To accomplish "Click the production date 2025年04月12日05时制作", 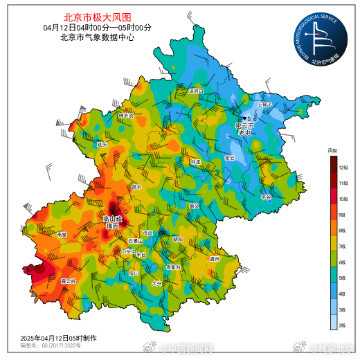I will [x=62, y=339].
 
